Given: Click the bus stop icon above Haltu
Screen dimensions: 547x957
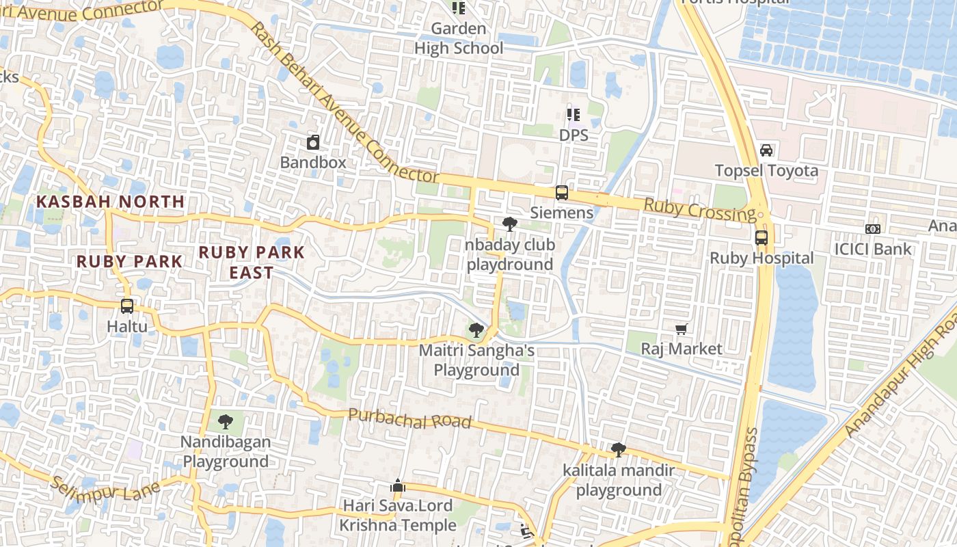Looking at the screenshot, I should coord(127,306).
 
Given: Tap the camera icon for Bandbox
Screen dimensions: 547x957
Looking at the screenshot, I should coord(313,142).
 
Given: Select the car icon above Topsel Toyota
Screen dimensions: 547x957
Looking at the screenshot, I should coord(766,150).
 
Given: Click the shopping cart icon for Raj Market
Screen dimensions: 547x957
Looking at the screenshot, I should coord(681,330).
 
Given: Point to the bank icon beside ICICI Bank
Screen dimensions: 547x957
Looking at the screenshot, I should coord(873,229).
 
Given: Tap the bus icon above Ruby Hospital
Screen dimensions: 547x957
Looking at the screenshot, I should coord(761,238).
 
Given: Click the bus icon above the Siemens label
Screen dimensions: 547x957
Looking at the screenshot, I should coord(561,193).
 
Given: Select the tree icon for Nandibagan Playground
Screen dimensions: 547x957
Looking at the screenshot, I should coord(225,421).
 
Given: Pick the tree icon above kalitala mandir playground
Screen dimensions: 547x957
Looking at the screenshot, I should coord(619,450).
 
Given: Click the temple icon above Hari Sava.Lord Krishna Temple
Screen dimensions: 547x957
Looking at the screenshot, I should coord(398,486).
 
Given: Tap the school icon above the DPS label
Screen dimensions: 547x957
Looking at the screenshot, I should coord(573,115).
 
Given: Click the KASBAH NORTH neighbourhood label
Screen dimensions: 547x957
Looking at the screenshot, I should coord(111,202).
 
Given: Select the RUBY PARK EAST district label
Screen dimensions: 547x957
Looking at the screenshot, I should coord(252,262).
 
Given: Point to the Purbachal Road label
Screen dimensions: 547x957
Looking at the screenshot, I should coord(410,418).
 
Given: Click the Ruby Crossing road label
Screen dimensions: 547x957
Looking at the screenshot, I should coord(700,210).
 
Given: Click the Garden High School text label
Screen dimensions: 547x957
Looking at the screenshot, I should coord(459,38).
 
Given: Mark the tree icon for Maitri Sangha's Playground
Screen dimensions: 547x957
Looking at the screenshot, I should coord(476,331).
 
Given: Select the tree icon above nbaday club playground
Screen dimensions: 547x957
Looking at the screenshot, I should coord(509,224).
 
